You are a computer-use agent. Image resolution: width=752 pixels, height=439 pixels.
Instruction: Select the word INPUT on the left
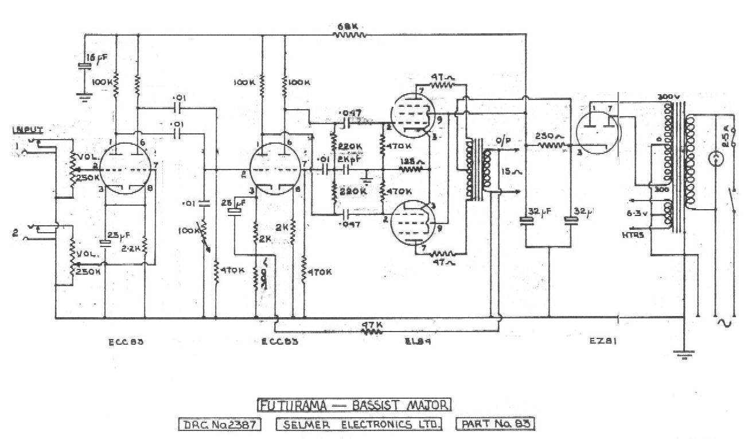[x=28, y=130]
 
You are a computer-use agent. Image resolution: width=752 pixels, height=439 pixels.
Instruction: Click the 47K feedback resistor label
[x=372, y=324]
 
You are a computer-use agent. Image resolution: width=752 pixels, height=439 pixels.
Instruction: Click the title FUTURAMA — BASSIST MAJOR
[x=355, y=405]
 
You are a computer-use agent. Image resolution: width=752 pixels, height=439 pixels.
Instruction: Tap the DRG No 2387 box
[x=220, y=425]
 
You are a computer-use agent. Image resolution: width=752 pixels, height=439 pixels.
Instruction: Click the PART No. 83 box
[x=495, y=425]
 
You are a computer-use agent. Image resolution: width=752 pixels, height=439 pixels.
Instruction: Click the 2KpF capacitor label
[x=346, y=159]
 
